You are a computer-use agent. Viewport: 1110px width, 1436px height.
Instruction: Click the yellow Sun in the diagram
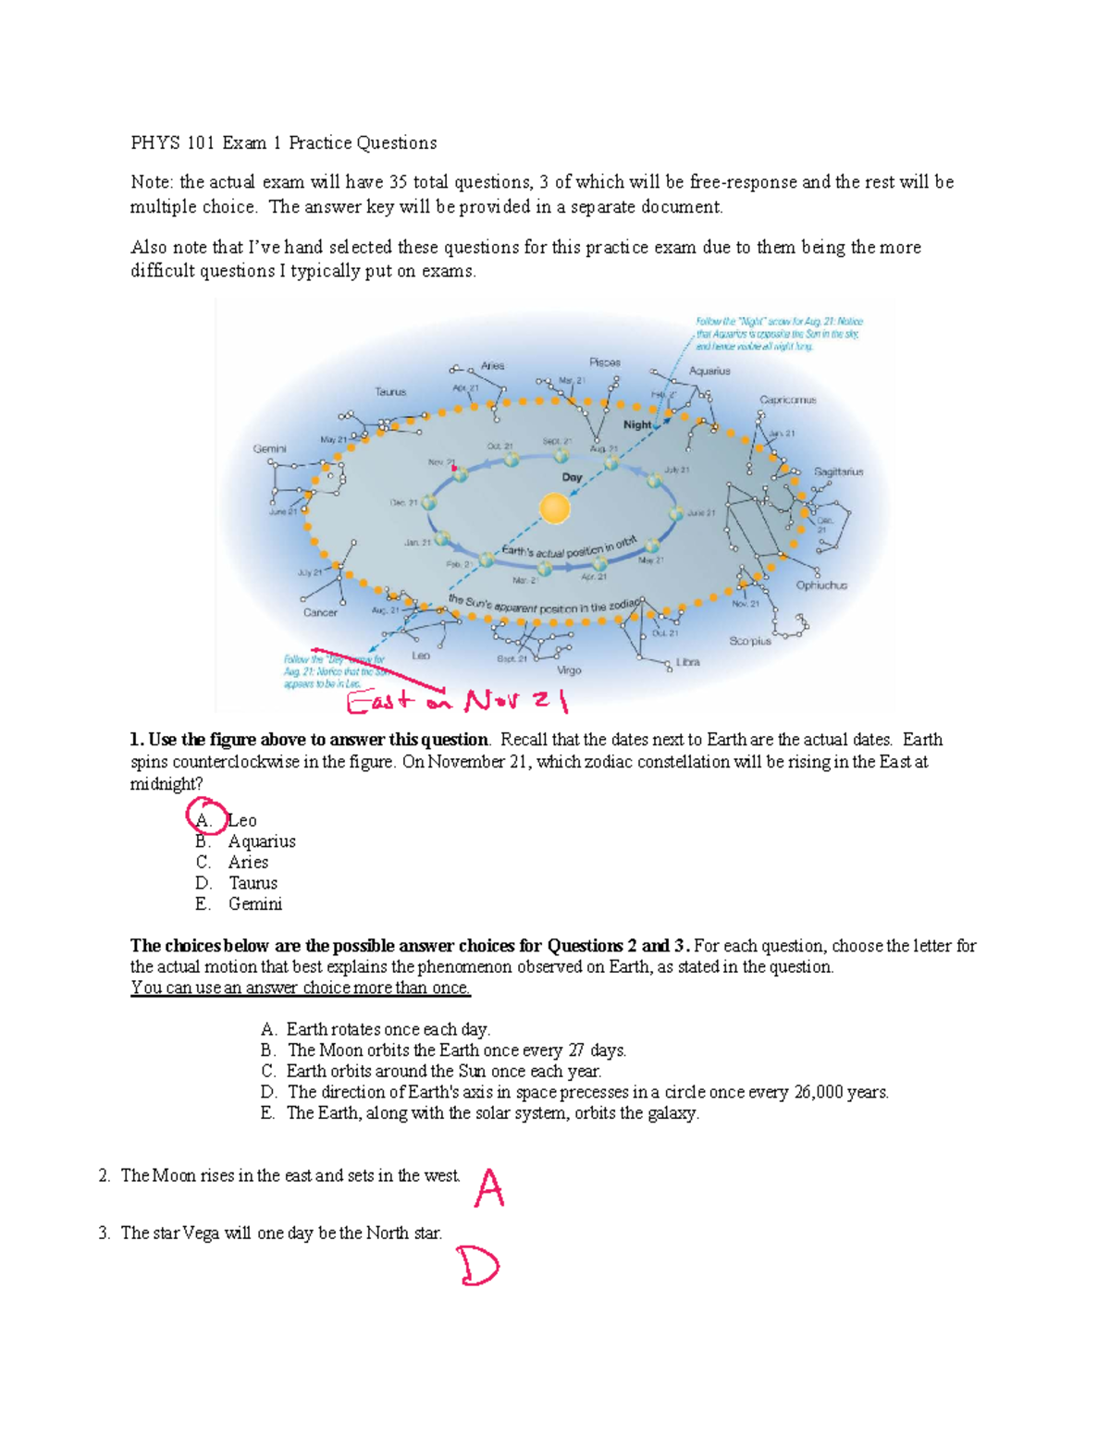pyautogui.click(x=554, y=509)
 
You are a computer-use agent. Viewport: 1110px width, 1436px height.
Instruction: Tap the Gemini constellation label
pyautogui.click(x=270, y=448)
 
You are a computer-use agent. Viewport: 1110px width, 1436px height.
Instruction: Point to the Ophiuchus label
pyautogui.click(x=821, y=585)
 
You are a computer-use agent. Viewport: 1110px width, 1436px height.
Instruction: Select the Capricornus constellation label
pyautogui.click(x=788, y=399)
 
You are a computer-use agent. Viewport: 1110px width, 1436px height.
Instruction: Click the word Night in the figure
pyautogui.click(x=637, y=424)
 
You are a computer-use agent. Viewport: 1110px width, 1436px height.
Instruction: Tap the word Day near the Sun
pyautogui.click(x=573, y=477)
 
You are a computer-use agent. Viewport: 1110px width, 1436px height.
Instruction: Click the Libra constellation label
pyautogui.click(x=687, y=662)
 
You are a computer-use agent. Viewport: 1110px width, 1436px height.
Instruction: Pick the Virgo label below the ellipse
pyautogui.click(x=569, y=670)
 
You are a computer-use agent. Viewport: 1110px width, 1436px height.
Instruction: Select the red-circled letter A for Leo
pyautogui.click(x=204, y=819)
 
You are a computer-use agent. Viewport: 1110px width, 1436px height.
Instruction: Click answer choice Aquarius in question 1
pyautogui.click(x=262, y=841)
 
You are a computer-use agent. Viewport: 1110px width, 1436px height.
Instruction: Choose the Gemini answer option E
pyautogui.click(x=254, y=904)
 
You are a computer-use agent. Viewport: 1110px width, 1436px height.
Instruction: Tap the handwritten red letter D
pyautogui.click(x=478, y=1267)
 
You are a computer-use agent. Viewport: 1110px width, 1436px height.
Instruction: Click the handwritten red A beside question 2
pyautogui.click(x=489, y=1188)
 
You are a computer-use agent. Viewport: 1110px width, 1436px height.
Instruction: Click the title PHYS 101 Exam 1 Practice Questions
pyautogui.click(x=283, y=142)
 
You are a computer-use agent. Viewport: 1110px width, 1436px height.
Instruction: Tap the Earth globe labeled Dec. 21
pyautogui.click(x=429, y=503)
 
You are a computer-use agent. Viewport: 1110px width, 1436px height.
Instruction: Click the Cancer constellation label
pyautogui.click(x=321, y=612)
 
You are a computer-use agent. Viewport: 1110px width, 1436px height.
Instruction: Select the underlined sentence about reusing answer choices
pyautogui.click(x=301, y=988)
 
